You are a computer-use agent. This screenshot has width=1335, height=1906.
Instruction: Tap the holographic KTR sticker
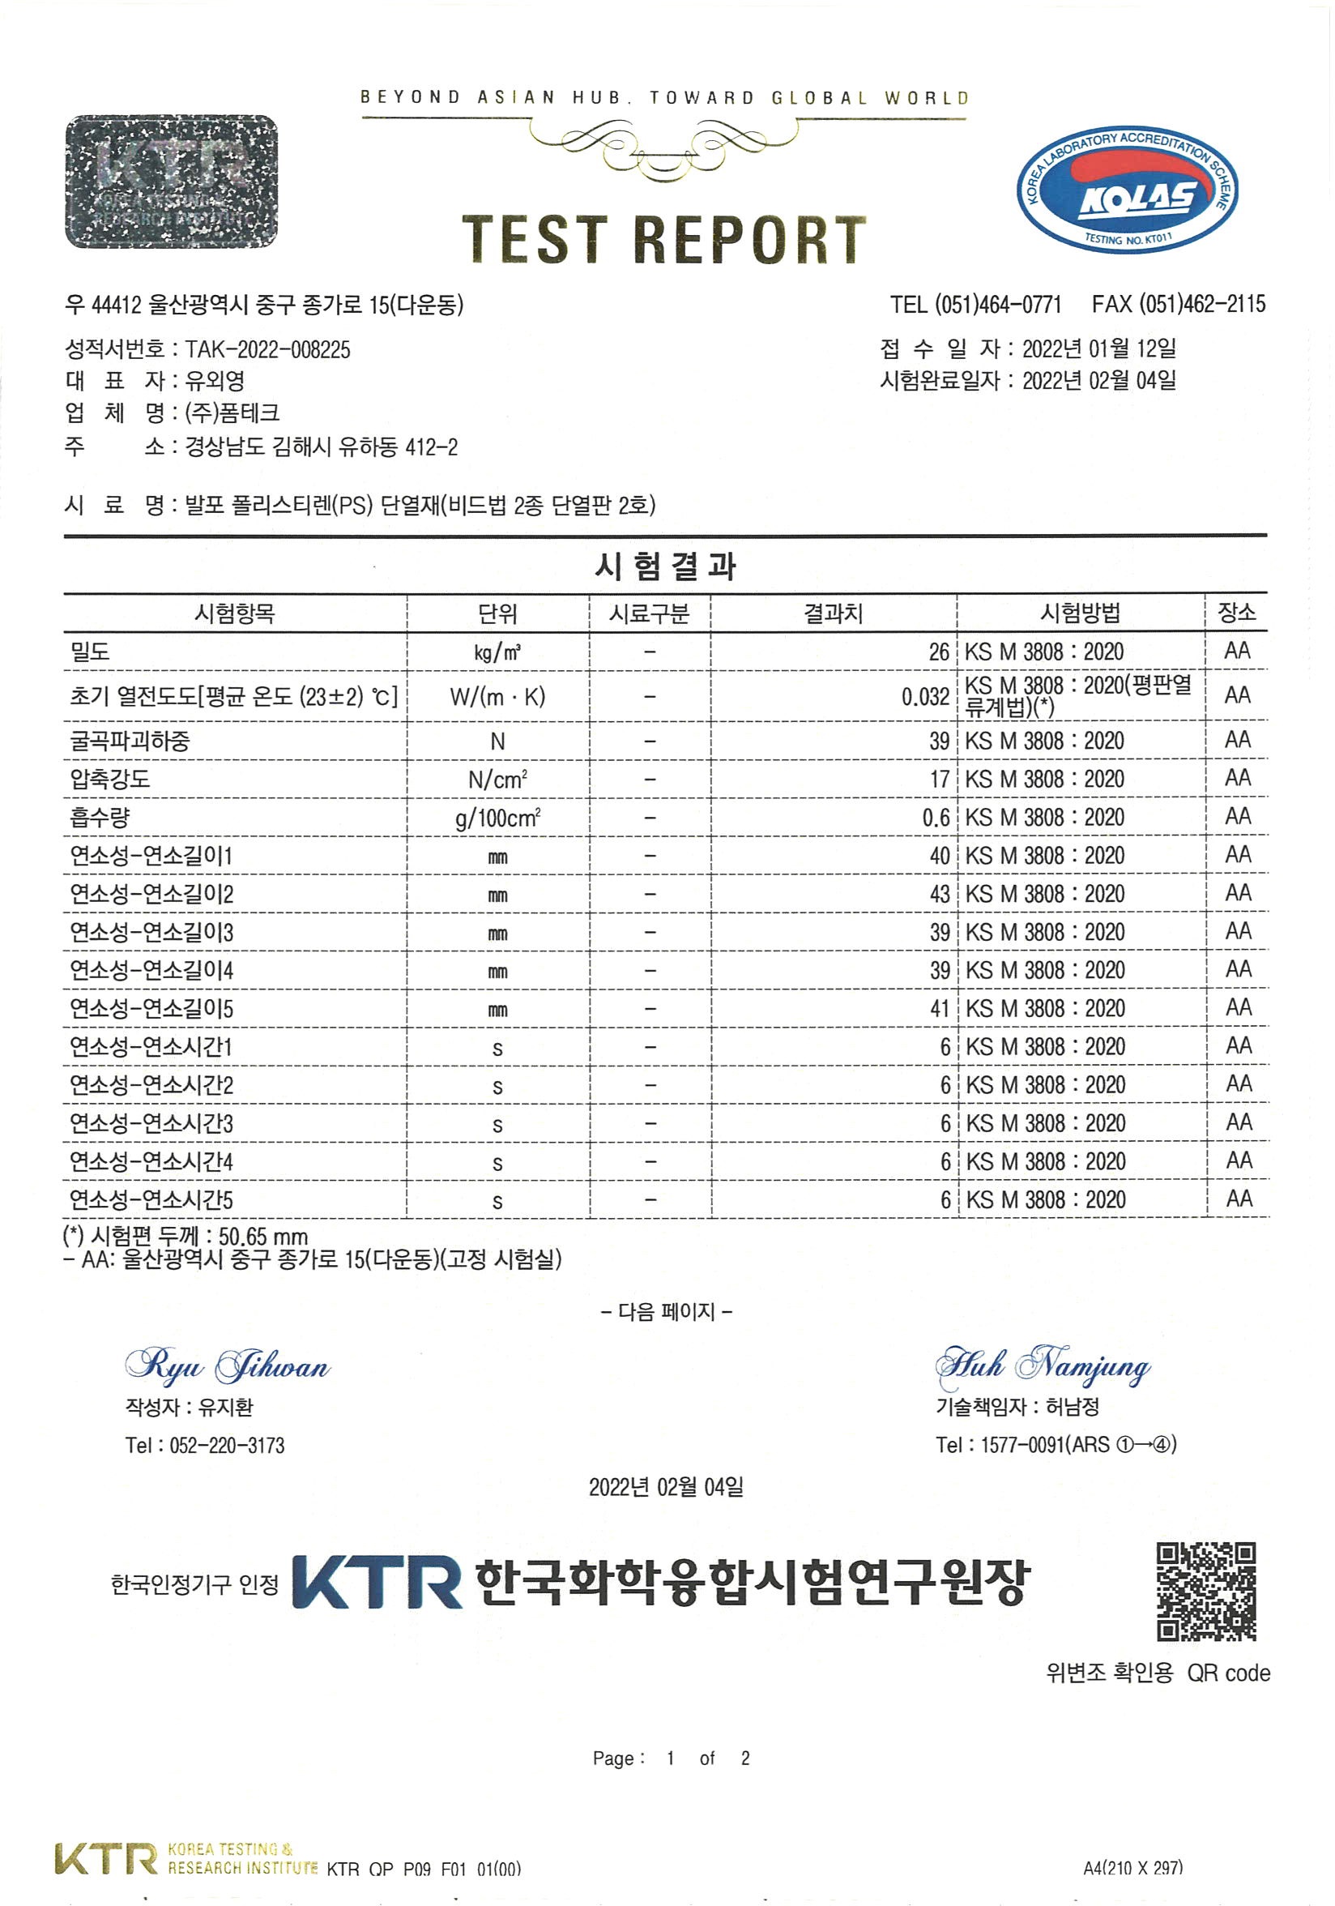coord(171,181)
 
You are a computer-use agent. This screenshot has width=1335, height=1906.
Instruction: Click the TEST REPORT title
coord(664,240)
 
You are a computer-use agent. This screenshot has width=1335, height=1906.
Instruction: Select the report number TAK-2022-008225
coord(268,349)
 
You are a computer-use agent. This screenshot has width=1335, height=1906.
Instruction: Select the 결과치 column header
coord(833,613)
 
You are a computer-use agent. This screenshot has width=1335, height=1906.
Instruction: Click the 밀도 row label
coord(91,652)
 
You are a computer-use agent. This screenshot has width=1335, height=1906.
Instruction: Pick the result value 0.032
coord(925,696)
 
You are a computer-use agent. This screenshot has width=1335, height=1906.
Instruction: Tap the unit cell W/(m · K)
coord(498,696)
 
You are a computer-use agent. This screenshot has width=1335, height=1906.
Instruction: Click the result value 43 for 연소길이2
coord(939,894)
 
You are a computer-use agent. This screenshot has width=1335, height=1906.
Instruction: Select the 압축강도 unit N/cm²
coord(498,780)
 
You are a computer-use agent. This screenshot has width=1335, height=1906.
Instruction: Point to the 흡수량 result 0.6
coord(936,818)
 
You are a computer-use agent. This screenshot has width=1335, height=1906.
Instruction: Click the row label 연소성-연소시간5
coord(151,1199)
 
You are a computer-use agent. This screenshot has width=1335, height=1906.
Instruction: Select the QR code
coord(1206,1592)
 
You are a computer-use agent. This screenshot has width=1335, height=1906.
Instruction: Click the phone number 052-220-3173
coord(227,1445)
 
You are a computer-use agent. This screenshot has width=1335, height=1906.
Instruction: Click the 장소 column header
coord(1236,613)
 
